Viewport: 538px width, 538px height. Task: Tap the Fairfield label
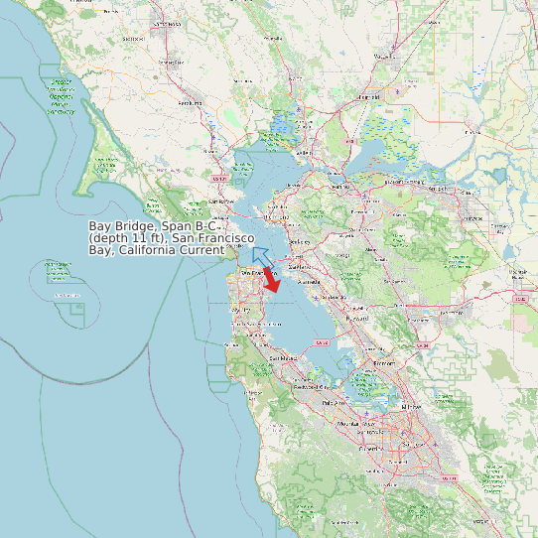tap(369, 97)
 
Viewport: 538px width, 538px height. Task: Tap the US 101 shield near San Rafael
tap(220, 178)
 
